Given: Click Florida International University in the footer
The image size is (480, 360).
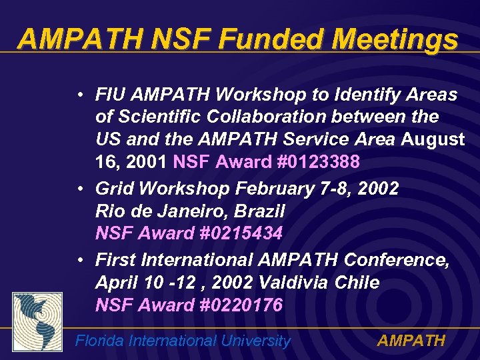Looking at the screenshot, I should (x=183, y=341).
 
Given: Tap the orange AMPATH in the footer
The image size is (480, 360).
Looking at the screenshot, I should (x=411, y=341).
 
